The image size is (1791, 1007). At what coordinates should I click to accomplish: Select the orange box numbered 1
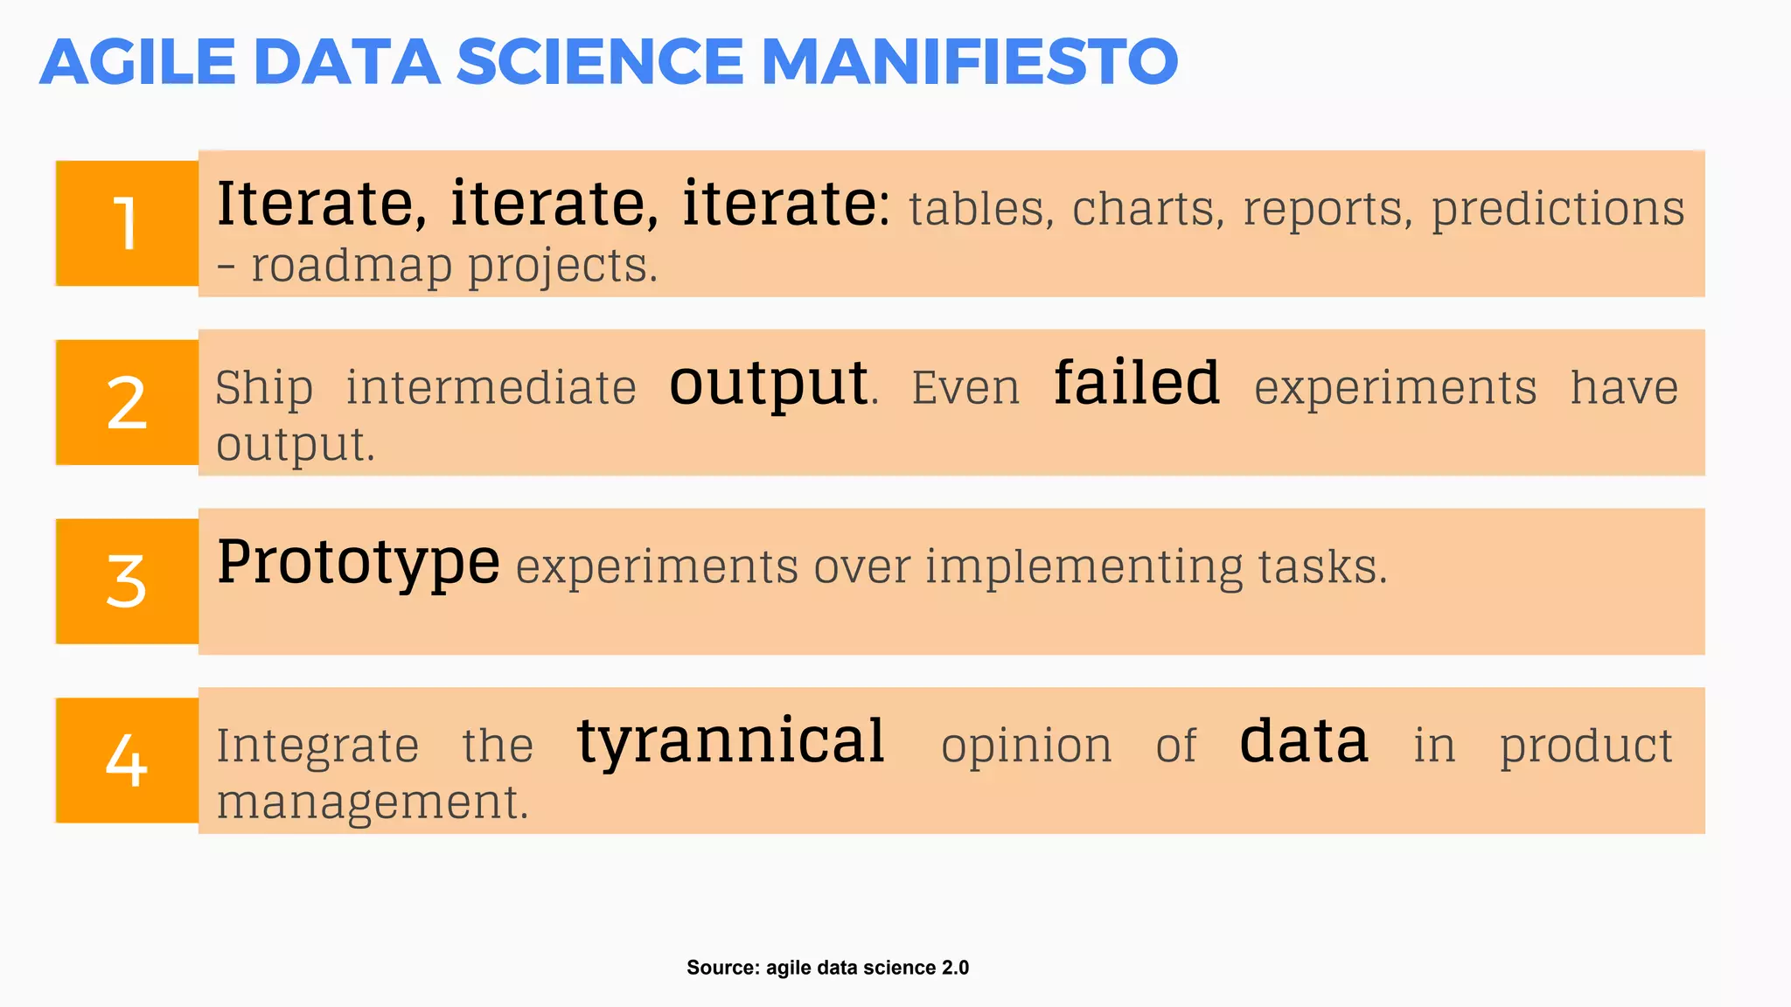click(x=128, y=223)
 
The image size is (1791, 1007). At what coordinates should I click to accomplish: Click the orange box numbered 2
click(x=128, y=402)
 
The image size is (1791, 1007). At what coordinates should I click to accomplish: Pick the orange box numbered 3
click(x=128, y=581)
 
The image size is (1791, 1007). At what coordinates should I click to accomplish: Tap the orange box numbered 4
click(x=128, y=760)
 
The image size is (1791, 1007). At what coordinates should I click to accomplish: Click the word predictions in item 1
click(x=1558, y=210)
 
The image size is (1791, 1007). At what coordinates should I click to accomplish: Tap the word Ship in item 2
click(x=264, y=388)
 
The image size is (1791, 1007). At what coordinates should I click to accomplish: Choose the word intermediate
click(x=491, y=388)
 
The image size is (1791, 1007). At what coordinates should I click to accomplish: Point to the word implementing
click(x=1084, y=567)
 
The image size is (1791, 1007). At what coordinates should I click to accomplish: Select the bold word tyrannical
click(x=731, y=741)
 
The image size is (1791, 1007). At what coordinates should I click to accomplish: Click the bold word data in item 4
click(x=1304, y=741)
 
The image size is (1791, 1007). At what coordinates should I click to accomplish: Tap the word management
click(x=373, y=802)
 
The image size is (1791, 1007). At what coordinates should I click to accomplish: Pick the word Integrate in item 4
click(x=317, y=747)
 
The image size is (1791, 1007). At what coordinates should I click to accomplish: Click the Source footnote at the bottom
click(x=827, y=968)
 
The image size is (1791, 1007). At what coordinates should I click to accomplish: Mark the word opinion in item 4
click(x=1026, y=747)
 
